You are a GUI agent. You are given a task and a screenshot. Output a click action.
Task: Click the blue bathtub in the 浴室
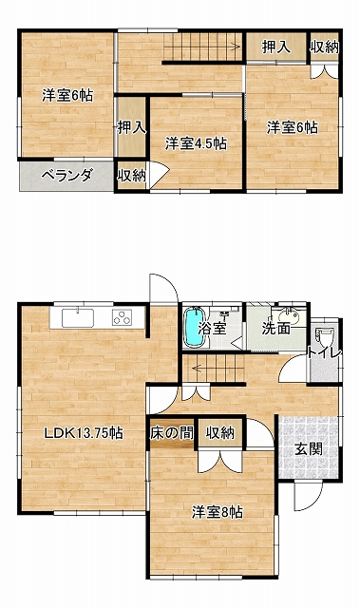[194, 327]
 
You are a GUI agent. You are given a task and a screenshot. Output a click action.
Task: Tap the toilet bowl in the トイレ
[323, 336]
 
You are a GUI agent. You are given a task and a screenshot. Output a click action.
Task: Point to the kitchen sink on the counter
[78, 317]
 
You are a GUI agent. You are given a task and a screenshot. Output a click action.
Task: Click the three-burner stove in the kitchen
[123, 317]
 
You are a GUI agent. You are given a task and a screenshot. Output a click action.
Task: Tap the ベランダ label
[67, 176]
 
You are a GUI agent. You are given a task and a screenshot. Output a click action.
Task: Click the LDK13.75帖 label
[84, 432]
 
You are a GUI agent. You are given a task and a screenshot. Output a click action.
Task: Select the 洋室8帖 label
[218, 512]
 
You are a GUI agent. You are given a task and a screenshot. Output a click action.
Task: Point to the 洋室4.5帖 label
[196, 143]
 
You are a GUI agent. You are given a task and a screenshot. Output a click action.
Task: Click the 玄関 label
[308, 449]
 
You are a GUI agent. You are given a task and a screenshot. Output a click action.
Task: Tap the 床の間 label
[172, 432]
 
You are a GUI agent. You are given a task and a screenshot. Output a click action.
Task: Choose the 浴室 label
[212, 328]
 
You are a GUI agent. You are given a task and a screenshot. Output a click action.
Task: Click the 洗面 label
[275, 329]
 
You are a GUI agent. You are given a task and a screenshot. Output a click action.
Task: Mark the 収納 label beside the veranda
[132, 176]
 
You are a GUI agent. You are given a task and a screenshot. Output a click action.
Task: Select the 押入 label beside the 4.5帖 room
[132, 126]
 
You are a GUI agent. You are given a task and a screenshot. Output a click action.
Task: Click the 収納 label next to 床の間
[220, 432]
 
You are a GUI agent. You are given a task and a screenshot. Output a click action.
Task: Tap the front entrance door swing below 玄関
[308, 495]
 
